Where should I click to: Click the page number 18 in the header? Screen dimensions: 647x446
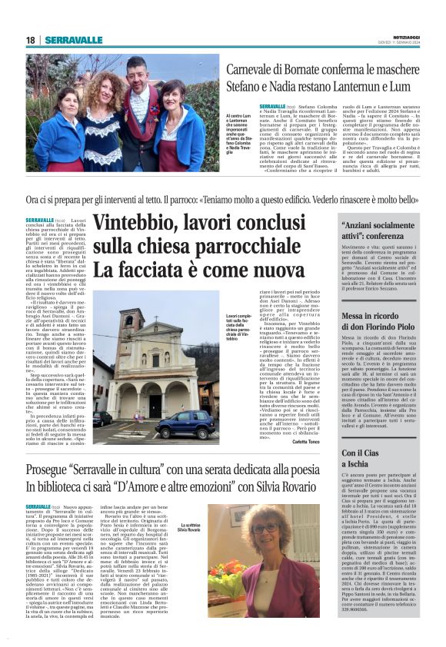click(x=30, y=40)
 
